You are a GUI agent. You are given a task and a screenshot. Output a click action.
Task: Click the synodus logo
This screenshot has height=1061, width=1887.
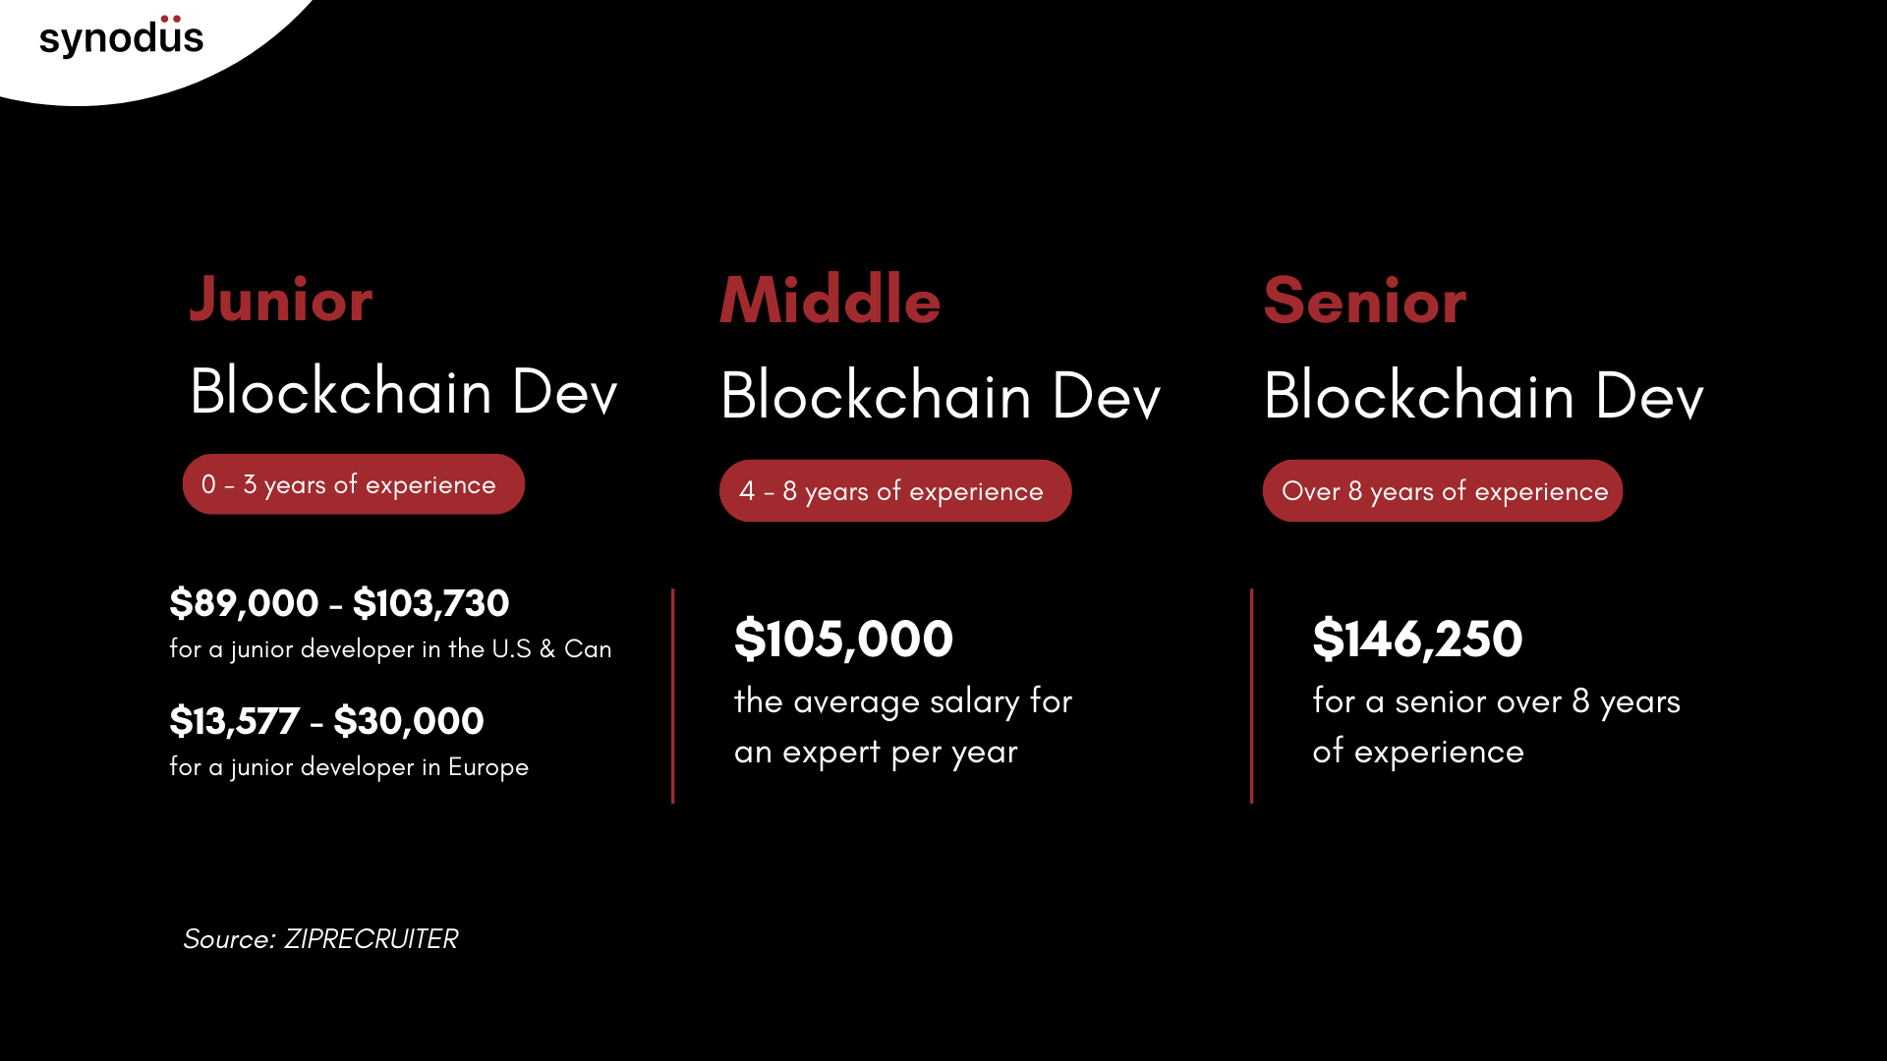pyautogui.click(x=121, y=37)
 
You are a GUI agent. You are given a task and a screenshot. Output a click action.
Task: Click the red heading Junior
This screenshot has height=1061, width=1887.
pyautogui.click(x=281, y=300)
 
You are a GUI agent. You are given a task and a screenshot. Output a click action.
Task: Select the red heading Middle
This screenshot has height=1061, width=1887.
pyautogui.click(x=830, y=300)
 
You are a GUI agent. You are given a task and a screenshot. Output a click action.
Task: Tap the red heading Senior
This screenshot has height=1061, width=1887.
pyautogui.click(x=1364, y=301)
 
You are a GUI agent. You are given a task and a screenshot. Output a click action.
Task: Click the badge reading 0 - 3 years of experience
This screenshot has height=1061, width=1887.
pyautogui.click(x=353, y=484)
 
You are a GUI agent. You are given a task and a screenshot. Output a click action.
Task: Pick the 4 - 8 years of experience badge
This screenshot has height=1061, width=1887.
pyautogui.click(x=894, y=491)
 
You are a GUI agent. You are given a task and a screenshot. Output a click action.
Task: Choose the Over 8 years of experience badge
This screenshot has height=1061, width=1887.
pyautogui.click(x=1442, y=491)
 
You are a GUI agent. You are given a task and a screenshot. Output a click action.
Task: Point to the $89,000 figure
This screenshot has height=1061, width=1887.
pyautogui.click(x=244, y=603)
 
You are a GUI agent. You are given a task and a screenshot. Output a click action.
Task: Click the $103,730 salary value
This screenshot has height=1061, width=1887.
pyautogui.click(x=430, y=603)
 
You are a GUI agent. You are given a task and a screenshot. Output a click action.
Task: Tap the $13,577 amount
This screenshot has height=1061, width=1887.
pyautogui.click(x=234, y=721)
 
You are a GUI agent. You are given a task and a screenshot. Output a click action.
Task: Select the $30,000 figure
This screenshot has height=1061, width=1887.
pyautogui.click(x=409, y=721)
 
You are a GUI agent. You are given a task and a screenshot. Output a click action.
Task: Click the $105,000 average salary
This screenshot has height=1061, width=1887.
pyautogui.click(x=843, y=640)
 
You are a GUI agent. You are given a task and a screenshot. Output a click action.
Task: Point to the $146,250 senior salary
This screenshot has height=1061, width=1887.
pyautogui.click(x=1417, y=640)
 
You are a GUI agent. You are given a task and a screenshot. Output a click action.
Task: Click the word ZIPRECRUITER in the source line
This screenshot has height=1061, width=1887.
pyautogui.click(x=371, y=939)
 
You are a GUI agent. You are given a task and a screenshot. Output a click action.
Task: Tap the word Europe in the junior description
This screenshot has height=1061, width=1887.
pyautogui.click(x=488, y=767)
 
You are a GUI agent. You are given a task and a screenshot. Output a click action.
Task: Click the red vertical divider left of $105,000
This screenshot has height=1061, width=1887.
pyautogui.click(x=673, y=696)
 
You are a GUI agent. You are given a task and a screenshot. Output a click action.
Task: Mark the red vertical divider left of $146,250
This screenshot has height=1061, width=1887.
pyautogui.click(x=1251, y=696)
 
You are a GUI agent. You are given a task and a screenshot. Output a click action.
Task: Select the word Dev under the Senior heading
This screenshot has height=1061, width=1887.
pyautogui.click(x=1649, y=396)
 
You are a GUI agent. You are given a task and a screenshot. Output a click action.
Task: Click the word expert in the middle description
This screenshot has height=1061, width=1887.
pyautogui.click(x=831, y=753)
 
